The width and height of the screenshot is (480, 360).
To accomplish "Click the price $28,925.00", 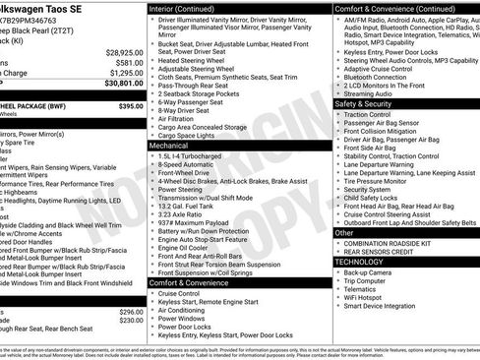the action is coord(124,52).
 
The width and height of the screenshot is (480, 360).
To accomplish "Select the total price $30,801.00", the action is coord(124,83).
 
